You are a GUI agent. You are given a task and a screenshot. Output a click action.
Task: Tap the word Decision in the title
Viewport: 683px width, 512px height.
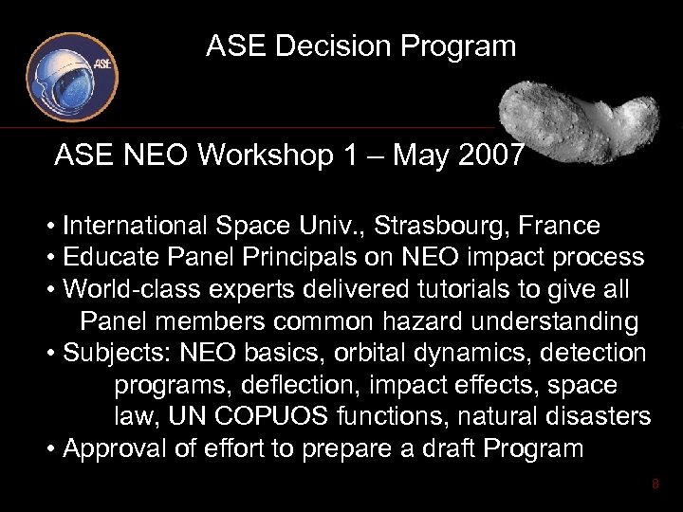pyautogui.click(x=329, y=46)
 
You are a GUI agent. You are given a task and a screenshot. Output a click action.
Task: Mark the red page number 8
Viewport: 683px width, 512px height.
pyautogui.click(x=655, y=486)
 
